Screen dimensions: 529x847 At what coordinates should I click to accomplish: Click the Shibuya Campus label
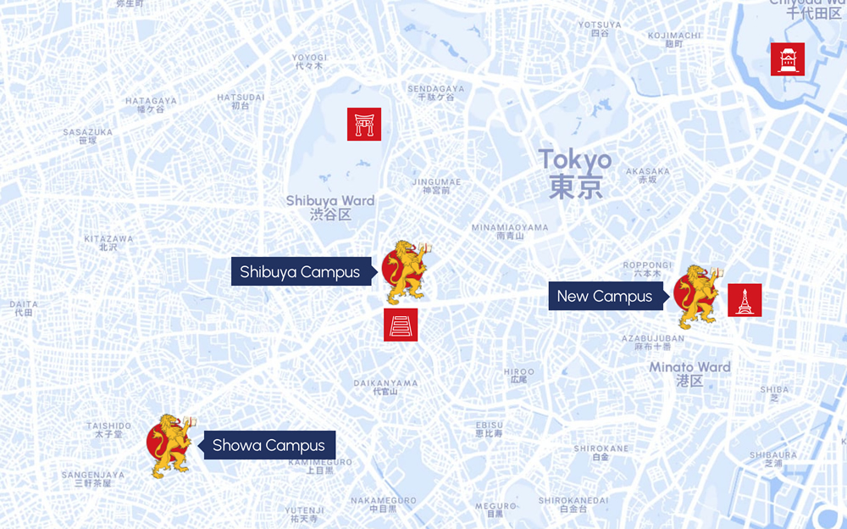pyautogui.click(x=300, y=272)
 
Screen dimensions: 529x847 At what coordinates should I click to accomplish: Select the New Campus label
pyautogui.click(x=605, y=296)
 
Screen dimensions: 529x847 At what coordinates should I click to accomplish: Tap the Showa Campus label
pyautogui.click(x=268, y=445)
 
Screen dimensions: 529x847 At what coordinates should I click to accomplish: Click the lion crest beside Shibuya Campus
pyautogui.click(x=405, y=271)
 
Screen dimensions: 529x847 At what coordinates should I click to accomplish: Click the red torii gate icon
pyautogui.click(x=364, y=125)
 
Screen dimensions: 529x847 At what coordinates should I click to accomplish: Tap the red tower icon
pyautogui.click(x=745, y=300)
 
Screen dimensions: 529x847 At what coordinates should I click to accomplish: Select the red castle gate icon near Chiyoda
pyautogui.click(x=788, y=59)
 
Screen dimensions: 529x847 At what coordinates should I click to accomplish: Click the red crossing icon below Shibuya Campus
pyautogui.click(x=401, y=325)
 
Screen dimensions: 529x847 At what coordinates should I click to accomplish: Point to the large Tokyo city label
pyautogui.click(x=575, y=172)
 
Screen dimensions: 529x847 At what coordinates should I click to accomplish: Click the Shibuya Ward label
pyautogui.click(x=330, y=207)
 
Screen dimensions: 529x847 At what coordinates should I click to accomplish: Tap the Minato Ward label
pyautogui.click(x=689, y=374)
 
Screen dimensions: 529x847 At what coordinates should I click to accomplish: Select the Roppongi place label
pyautogui.click(x=647, y=269)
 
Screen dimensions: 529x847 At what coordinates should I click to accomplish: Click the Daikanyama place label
pyautogui.click(x=385, y=387)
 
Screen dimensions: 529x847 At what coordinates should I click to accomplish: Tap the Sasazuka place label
pyautogui.click(x=87, y=136)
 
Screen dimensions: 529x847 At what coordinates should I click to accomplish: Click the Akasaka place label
pyautogui.click(x=647, y=175)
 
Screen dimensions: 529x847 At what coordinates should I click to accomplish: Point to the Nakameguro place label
pyautogui.click(x=383, y=504)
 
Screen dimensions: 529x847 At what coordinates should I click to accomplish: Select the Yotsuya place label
pyautogui.click(x=600, y=28)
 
